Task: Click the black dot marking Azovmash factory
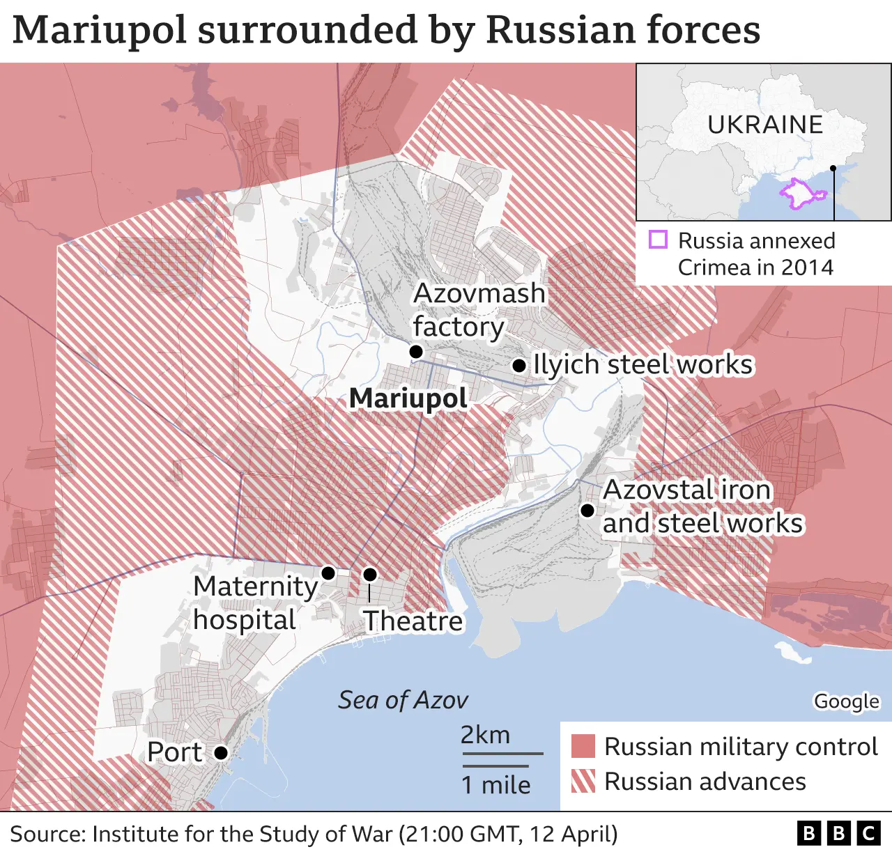416,352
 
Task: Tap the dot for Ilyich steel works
519,365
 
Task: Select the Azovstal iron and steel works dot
587,511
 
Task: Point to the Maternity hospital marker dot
328,573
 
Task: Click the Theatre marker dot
370,574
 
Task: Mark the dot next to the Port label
221,752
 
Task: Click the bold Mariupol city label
408,398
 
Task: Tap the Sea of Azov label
403,700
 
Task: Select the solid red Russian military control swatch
583,746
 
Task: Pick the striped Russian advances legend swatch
583,781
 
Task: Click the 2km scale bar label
485,735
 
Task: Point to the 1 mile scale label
495,785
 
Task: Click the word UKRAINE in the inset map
765,125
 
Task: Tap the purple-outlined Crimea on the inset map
797,193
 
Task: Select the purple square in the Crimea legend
658,240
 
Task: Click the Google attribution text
847,701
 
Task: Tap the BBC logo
838,833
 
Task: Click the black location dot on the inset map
833,169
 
